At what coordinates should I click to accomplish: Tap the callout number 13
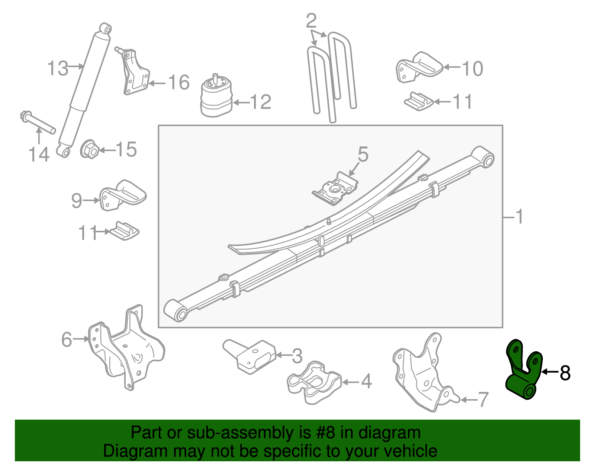(x=58, y=69)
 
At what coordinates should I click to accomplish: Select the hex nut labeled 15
(x=89, y=150)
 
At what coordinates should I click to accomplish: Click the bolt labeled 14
(x=37, y=121)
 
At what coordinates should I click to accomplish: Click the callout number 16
(x=179, y=82)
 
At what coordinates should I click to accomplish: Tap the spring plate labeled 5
(x=335, y=189)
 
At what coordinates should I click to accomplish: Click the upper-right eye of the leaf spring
(x=484, y=157)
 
